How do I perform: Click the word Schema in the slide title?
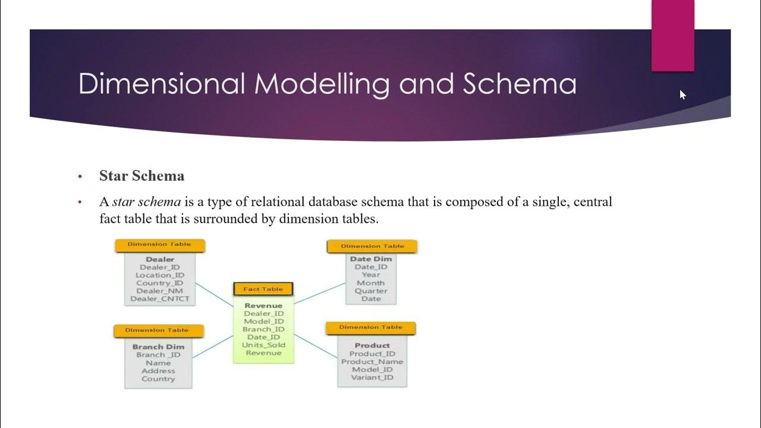(x=520, y=84)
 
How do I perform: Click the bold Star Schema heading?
(x=141, y=176)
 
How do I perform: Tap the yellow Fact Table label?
(x=263, y=289)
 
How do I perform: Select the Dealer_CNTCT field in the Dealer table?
(x=159, y=299)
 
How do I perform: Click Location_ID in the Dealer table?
(x=159, y=275)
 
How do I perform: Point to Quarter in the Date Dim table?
(x=371, y=291)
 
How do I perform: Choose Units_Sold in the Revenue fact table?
(x=263, y=345)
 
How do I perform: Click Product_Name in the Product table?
(x=372, y=361)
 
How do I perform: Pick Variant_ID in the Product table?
(x=372, y=377)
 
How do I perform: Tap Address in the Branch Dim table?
(x=158, y=371)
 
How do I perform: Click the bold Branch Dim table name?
(x=158, y=347)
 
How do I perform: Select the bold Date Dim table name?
(x=371, y=259)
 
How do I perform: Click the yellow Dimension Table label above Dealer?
(x=159, y=244)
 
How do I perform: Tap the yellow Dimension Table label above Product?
(x=371, y=328)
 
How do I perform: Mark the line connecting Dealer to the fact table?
(x=214, y=295)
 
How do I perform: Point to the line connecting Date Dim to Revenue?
(x=320, y=293)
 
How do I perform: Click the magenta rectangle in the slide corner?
(x=672, y=36)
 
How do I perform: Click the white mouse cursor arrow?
(x=683, y=94)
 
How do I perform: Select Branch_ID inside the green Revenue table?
(x=263, y=329)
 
